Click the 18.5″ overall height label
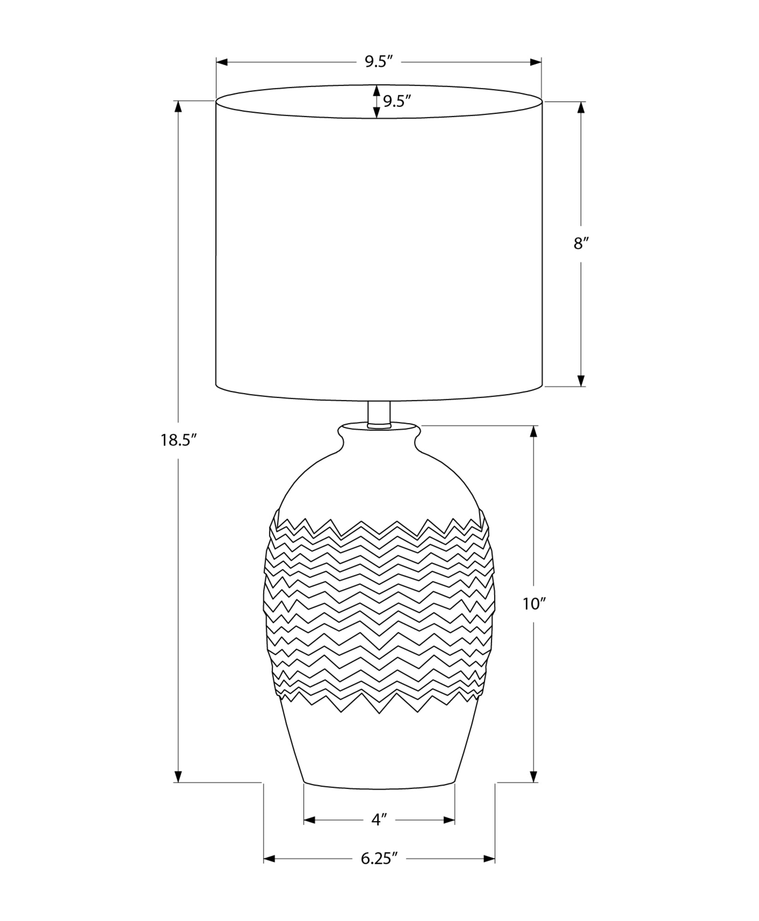[x=179, y=441]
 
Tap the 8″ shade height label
[x=581, y=244]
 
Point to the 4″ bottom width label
[x=378, y=820]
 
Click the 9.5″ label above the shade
[x=379, y=62]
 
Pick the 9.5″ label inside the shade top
[x=397, y=101]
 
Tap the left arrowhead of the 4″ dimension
[x=309, y=820]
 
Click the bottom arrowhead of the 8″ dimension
[x=581, y=380]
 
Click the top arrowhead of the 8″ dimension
[x=581, y=107]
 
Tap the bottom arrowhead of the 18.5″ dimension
[x=178, y=776]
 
